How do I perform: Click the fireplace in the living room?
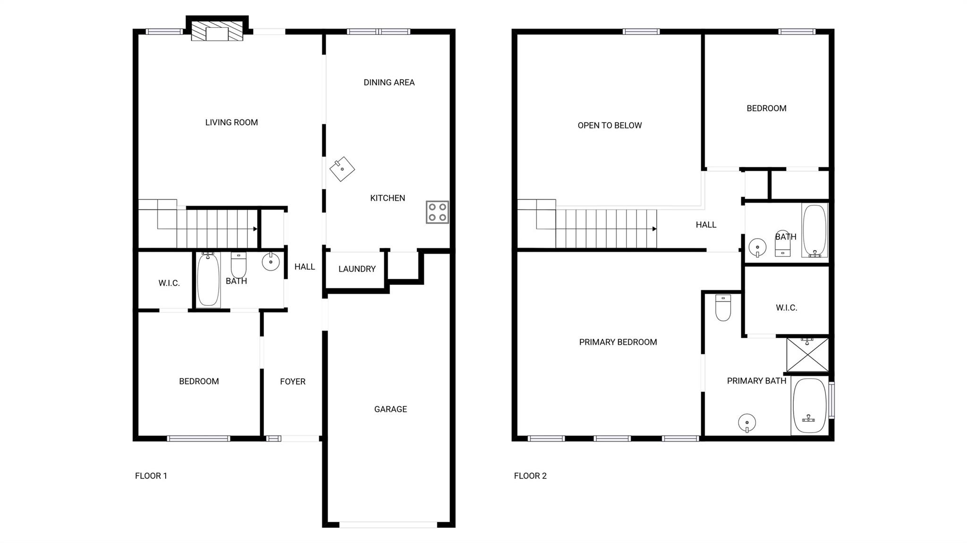click(x=217, y=31)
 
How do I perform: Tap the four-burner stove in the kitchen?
click(x=437, y=212)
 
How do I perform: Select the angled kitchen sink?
click(x=342, y=169)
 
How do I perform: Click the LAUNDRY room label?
click(x=357, y=269)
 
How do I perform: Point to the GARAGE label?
click(x=390, y=409)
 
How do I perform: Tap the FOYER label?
click(x=293, y=381)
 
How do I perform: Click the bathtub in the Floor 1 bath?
click(x=208, y=280)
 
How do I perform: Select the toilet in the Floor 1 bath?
click(x=238, y=265)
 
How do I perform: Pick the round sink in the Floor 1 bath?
click(x=271, y=262)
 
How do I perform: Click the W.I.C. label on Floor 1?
click(x=169, y=283)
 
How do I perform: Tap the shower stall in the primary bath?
click(x=807, y=354)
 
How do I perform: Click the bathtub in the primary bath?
click(x=810, y=406)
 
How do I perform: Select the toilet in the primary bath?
click(x=723, y=308)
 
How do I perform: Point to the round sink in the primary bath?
click(x=747, y=423)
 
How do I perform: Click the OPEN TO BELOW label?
click(x=610, y=125)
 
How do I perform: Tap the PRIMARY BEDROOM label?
click(x=618, y=342)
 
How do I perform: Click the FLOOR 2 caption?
click(x=530, y=476)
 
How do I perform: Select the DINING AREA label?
click(x=389, y=83)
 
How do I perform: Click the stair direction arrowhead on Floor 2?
click(x=654, y=229)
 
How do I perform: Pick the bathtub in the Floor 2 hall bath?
click(x=814, y=231)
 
